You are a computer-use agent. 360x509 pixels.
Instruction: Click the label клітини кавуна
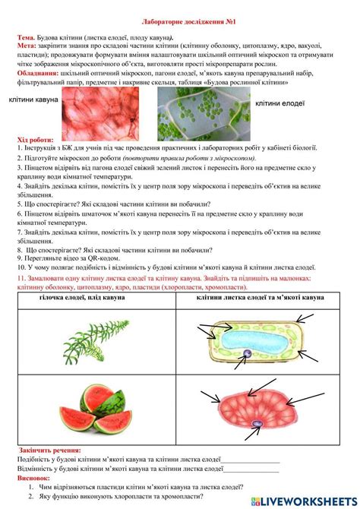coord(33,100)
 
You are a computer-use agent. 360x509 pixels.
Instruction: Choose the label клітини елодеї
coord(279,103)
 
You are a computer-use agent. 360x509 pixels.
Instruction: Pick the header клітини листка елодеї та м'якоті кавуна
coord(260,297)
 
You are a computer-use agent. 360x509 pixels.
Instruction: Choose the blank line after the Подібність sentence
coord(251,460)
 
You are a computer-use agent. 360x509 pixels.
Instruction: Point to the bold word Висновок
coord(33,479)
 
